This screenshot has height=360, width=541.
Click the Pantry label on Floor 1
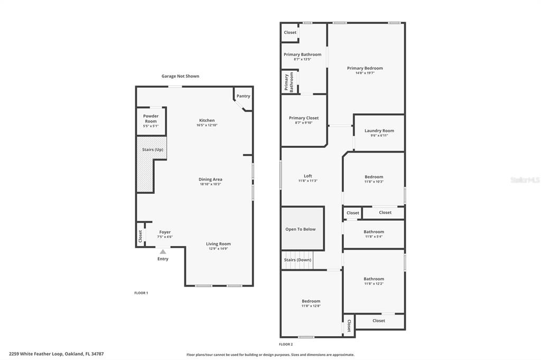243,96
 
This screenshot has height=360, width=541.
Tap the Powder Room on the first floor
151,121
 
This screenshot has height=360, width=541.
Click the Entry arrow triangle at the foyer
163,252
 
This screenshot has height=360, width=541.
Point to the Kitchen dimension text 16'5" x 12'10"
207,125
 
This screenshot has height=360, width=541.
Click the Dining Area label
210,179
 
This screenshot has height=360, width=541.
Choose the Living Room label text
218,244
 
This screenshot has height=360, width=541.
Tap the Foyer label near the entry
165,232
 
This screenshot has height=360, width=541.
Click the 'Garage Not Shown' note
180,76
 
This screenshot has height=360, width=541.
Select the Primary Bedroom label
365,68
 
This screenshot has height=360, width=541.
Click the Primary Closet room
304,120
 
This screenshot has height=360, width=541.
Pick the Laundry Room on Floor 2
379,132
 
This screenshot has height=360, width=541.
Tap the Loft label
307,176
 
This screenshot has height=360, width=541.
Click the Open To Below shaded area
301,229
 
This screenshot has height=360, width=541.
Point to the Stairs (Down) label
297,260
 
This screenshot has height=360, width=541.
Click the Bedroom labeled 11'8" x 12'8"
311,303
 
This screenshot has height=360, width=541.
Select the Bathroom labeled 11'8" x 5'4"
374,234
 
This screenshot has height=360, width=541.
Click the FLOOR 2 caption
286,344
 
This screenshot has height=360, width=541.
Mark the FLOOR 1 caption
141,292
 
